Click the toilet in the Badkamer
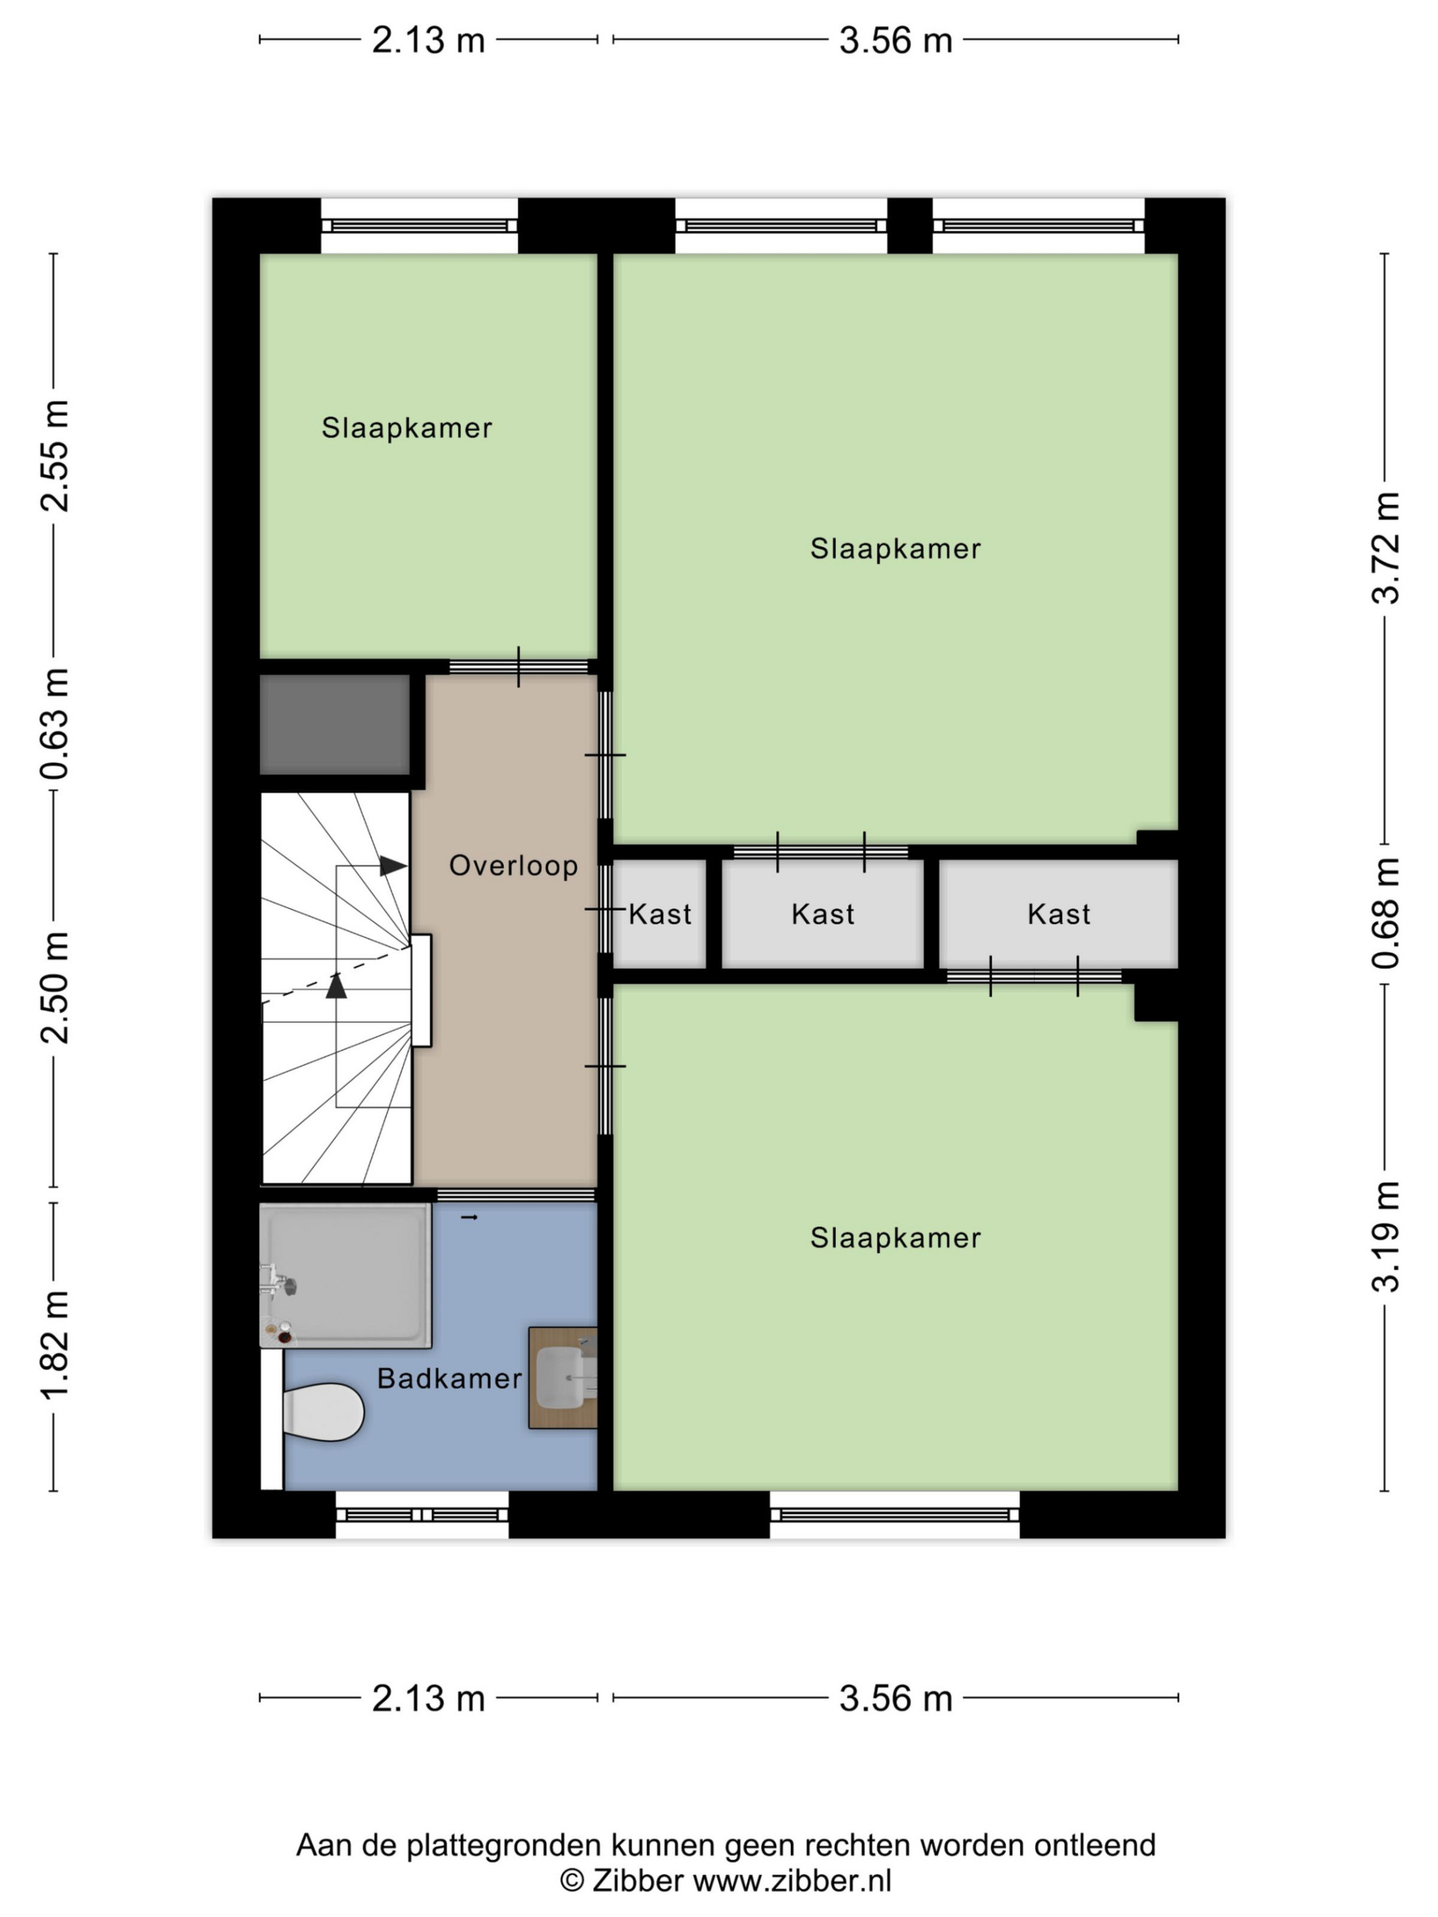tap(322, 1412)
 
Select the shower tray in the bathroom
tap(345, 1275)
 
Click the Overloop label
tap(513, 865)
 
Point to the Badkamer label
tap(449, 1379)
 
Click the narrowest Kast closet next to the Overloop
tap(659, 914)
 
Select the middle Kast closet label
tap(823, 914)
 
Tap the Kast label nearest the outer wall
tap(1058, 914)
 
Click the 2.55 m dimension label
tap(55, 456)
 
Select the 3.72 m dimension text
tap(1385, 548)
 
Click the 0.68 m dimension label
tap(1385, 914)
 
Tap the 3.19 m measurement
tap(1385, 1237)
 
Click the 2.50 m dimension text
tap(55, 988)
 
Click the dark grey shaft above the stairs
tap(334, 725)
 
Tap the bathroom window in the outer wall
tap(421, 1515)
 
